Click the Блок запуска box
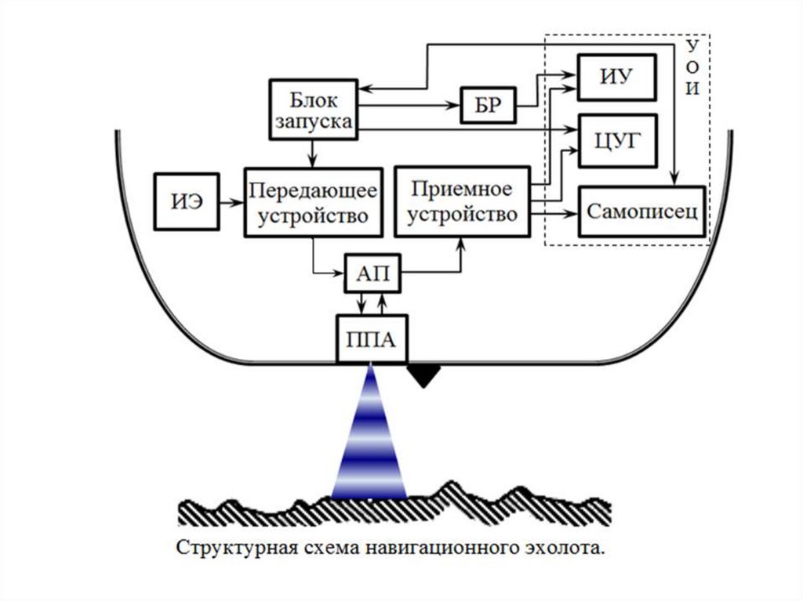click(x=314, y=110)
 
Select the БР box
click(x=488, y=103)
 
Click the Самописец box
click(x=642, y=212)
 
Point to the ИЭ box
click(x=186, y=201)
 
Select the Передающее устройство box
click(x=313, y=201)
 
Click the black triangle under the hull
click(x=424, y=375)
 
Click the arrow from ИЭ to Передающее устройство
click(x=230, y=202)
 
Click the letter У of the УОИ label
click(x=692, y=45)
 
